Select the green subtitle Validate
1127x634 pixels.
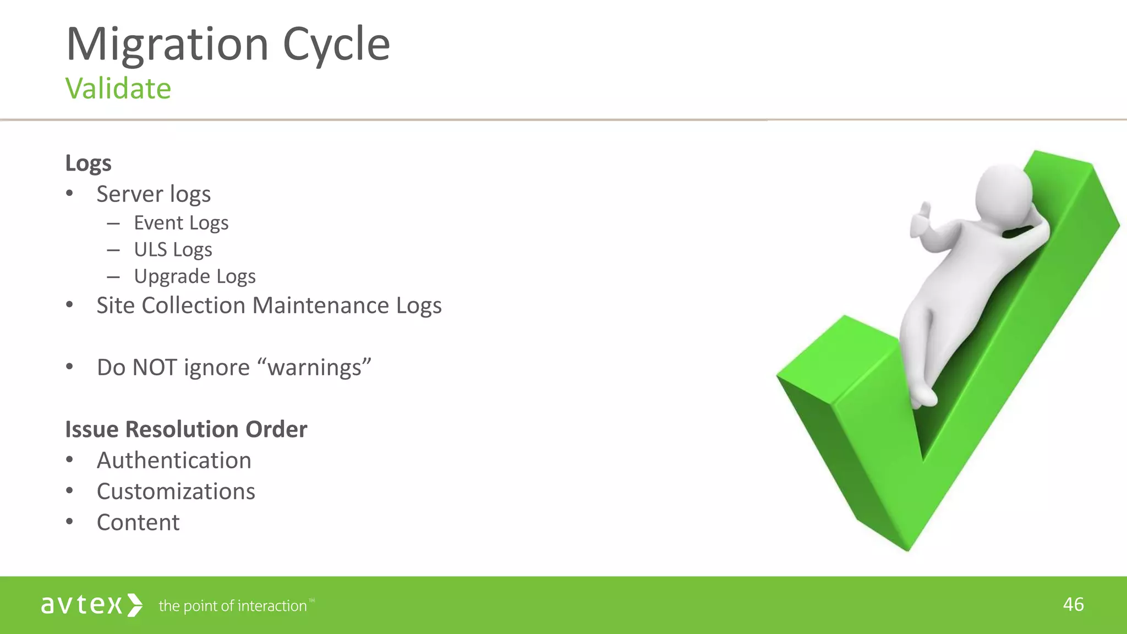[x=118, y=89]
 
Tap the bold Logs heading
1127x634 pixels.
[x=89, y=163]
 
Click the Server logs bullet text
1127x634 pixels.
[x=154, y=194]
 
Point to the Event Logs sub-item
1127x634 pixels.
[x=181, y=223]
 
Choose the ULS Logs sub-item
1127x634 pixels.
[x=173, y=250]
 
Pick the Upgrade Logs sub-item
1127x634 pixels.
[x=195, y=276]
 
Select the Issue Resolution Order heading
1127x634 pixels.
[x=186, y=429]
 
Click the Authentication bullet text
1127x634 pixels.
[x=174, y=460]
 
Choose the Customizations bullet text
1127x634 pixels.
[x=176, y=491]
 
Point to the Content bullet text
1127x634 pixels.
[x=138, y=522]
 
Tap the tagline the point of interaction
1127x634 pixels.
[x=233, y=606]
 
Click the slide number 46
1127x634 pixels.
[x=1073, y=604]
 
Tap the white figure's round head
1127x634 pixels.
[x=1003, y=193]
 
